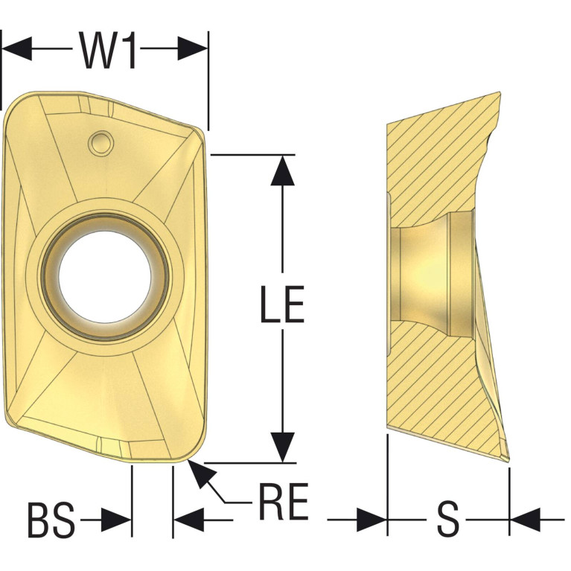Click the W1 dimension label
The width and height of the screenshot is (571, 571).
107,51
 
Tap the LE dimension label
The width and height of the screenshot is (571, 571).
282,304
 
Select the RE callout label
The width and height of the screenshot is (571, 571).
284,502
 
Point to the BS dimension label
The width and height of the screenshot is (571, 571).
51,520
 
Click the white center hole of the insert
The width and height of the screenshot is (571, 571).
105,277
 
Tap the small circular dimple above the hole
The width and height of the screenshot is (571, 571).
101,143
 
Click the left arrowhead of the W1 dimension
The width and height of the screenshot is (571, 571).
17,48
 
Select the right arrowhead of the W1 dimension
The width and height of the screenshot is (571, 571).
192,48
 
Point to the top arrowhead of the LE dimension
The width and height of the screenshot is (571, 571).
283,170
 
